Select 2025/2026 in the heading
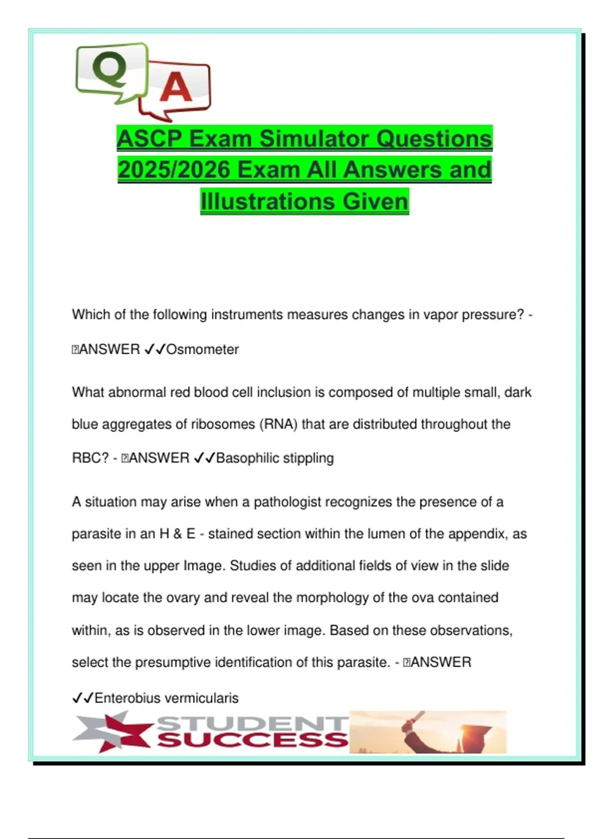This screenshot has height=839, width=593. [174, 170]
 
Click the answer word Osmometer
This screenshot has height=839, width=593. [202, 349]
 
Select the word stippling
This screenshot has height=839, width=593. [309, 458]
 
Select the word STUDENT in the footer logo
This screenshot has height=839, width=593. [252, 724]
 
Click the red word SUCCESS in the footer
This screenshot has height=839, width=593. [252, 740]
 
